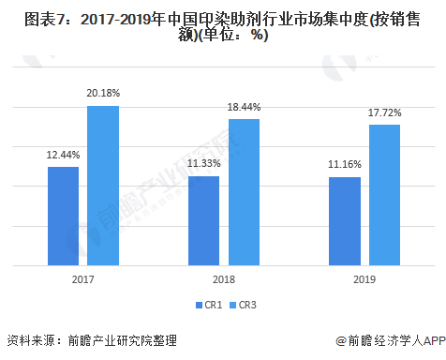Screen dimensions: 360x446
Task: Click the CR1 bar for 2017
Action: [64, 216]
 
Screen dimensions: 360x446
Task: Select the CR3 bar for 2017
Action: [103, 186]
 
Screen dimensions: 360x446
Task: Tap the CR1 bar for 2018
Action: [204, 220]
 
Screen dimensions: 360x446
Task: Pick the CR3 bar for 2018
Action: [244, 192]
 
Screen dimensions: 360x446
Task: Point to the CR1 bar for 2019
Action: [345, 221]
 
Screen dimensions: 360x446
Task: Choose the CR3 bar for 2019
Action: [384, 195]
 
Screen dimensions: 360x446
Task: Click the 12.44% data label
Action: [64, 157]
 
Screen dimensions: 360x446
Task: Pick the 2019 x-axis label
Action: [364, 279]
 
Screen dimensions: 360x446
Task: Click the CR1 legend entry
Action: [210, 305]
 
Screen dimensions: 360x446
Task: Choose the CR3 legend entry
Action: [242, 305]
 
